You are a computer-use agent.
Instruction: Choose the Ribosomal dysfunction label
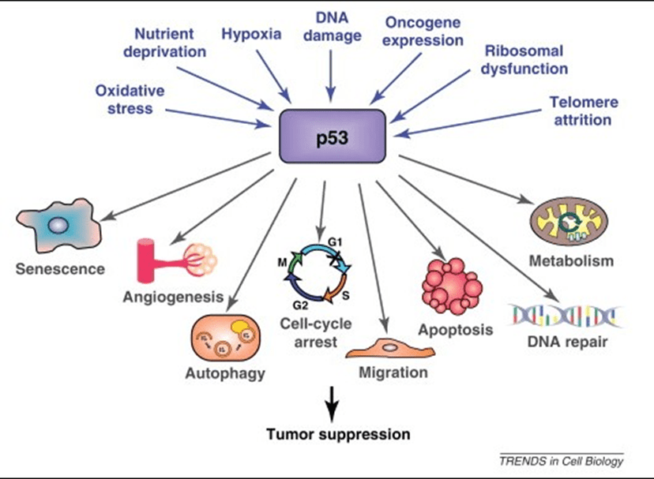[524, 59]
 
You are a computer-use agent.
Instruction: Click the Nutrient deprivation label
[170, 43]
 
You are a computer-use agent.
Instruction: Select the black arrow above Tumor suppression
[332, 402]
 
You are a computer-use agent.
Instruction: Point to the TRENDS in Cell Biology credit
[561, 461]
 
